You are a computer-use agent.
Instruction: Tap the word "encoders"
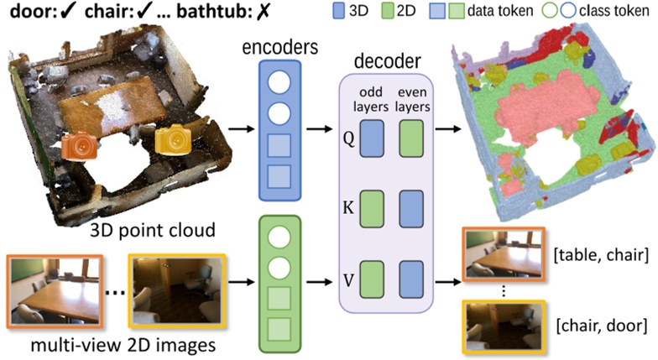[x=280, y=47]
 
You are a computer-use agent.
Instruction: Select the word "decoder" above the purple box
[x=388, y=61]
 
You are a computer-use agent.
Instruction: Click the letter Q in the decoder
[x=349, y=138]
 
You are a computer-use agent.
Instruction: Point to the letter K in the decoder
[x=348, y=207]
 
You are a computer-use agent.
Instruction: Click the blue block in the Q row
[x=372, y=138]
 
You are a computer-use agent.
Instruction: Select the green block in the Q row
[x=411, y=138]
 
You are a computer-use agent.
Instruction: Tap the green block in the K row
[x=372, y=209]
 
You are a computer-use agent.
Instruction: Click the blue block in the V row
[x=411, y=279]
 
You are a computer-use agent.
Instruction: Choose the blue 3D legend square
[x=338, y=11]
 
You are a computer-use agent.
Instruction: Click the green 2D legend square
[x=387, y=11]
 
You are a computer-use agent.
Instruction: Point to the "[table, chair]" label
[x=601, y=255]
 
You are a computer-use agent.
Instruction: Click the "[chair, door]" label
[x=601, y=326]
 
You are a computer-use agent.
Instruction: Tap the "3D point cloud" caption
[x=153, y=230]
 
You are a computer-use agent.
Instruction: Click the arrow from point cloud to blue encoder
[x=242, y=128]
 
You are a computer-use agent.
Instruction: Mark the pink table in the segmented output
[x=546, y=109]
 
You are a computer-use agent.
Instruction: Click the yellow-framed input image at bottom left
[x=176, y=291]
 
